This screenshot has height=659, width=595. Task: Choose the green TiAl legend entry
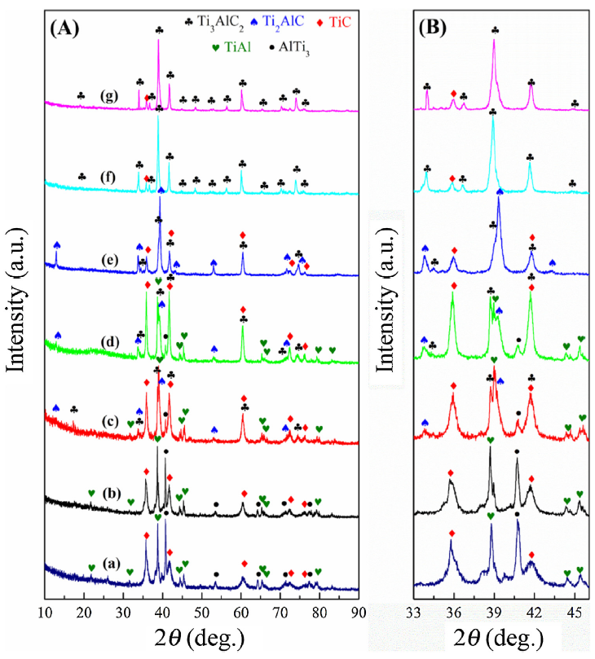pos(235,47)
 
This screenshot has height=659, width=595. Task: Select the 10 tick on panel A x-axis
pos(46,613)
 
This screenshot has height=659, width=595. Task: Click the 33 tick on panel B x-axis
pos(415,613)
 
